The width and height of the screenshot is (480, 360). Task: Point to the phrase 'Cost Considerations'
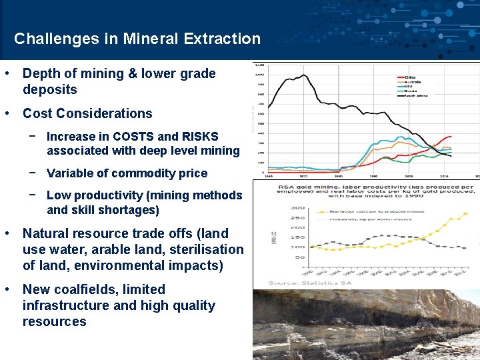click(x=87, y=113)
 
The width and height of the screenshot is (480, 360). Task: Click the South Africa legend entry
click(x=414, y=96)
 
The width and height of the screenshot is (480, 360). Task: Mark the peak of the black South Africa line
click(x=305, y=75)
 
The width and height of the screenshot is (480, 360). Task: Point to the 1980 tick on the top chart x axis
click(x=339, y=177)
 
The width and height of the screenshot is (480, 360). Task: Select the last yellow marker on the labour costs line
click(x=465, y=214)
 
